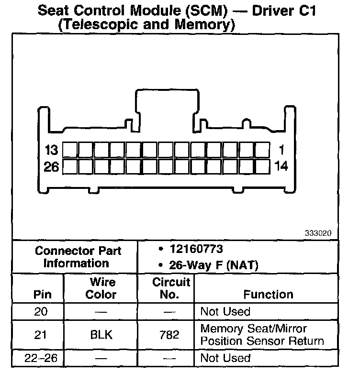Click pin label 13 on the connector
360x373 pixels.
point(51,150)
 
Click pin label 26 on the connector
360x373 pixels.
point(51,167)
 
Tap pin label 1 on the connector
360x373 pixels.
point(281,150)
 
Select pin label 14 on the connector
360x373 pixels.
point(282,167)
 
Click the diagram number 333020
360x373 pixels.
point(318,234)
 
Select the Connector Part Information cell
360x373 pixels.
point(79,257)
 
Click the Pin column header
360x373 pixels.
point(42,295)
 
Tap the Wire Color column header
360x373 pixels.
point(101,288)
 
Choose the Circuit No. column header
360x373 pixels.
point(171,288)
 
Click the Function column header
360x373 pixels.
point(268,295)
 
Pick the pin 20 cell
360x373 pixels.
point(42,312)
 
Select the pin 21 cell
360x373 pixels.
point(42,335)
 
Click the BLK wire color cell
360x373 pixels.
point(101,335)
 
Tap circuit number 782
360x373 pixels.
point(170,335)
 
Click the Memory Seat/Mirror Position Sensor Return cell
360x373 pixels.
point(262,335)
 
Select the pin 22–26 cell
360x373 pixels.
point(42,358)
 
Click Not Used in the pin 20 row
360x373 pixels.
point(225,312)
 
